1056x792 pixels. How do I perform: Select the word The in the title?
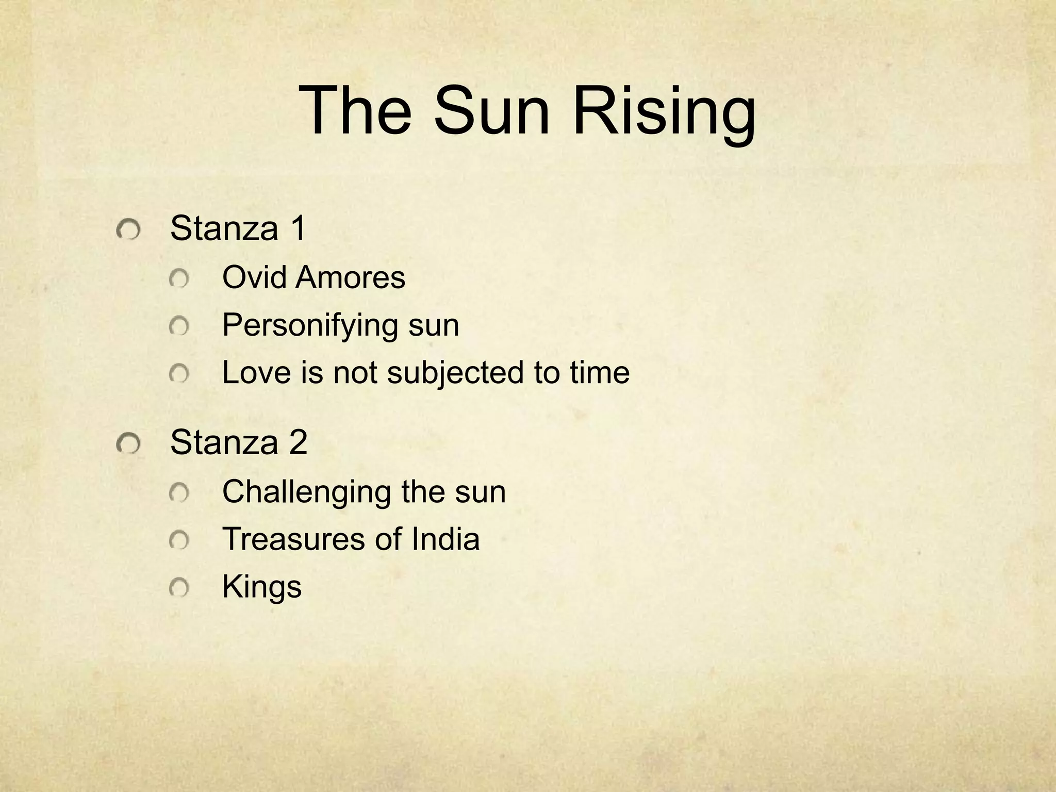pos(356,111)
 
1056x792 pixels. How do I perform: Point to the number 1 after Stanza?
pos(298,228)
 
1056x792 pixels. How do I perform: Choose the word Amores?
pos(351,277)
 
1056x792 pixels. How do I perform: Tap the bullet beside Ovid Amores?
pos(179,279)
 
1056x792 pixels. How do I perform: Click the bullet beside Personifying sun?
pos(179,326)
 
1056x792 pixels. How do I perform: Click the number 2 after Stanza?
pos(298,442)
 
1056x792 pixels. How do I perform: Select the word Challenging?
pos(307,492)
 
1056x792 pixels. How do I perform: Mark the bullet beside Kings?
pos(179,588)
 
